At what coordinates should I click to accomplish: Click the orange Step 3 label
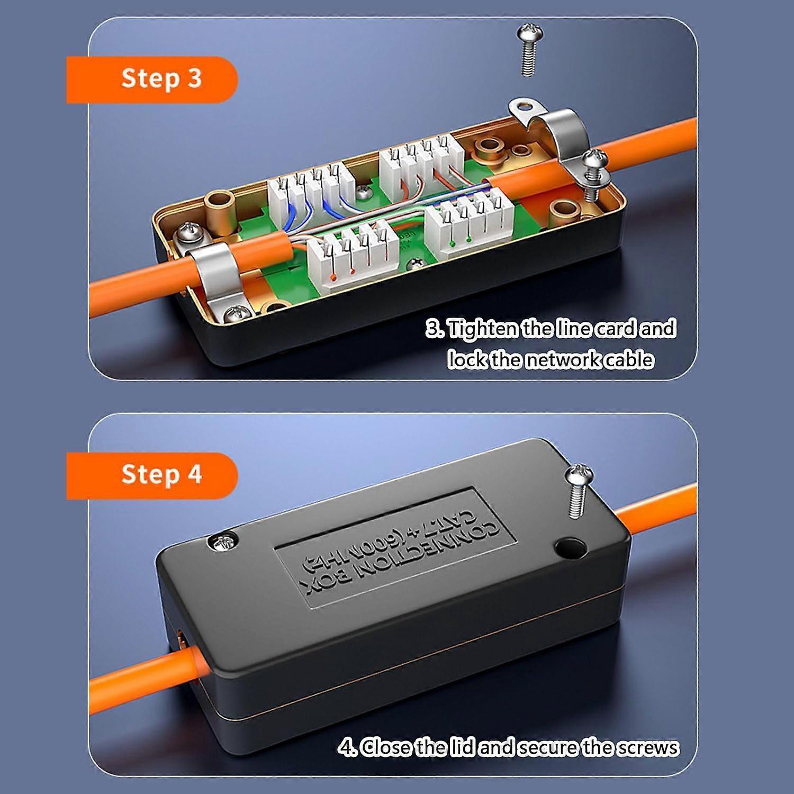151,79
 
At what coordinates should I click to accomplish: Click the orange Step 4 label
151,475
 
